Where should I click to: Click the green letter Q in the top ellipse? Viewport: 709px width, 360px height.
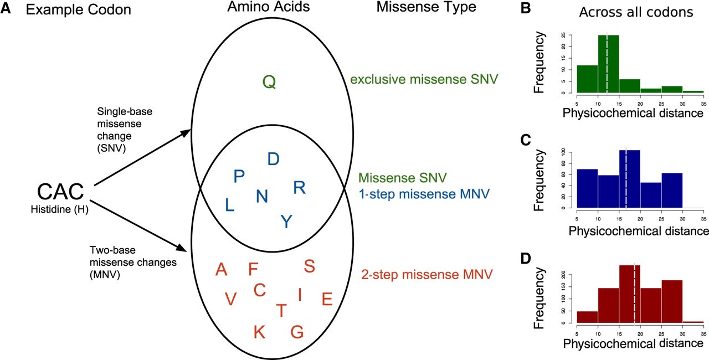point(269,82)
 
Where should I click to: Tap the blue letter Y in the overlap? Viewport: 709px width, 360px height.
point(286,222)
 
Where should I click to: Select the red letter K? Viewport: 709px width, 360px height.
point(259,332)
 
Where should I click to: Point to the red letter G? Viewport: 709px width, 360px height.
point(297,332)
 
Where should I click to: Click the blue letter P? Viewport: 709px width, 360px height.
point(239,176)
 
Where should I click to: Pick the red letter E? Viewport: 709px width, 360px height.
point(327,299)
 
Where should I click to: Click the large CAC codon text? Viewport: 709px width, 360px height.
point(60,192)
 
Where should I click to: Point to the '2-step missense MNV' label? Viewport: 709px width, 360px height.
point(427,274)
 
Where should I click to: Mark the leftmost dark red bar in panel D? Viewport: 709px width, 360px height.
point(588,317)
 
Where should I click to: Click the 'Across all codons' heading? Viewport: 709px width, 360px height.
point(636,12)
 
